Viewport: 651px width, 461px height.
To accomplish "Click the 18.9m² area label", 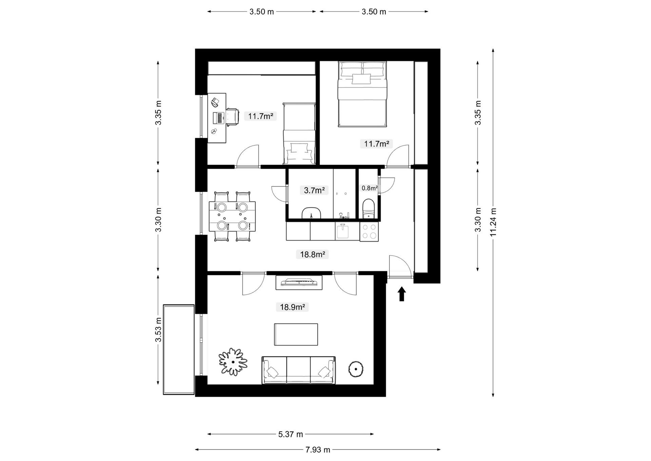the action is pos(292,307).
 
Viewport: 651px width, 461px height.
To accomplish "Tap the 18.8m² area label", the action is pos(312,254).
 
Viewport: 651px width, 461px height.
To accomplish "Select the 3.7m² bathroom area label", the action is pos(314,190).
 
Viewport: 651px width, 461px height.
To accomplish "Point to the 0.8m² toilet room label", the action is pos(370,188).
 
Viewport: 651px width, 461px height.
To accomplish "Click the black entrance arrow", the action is pos(402,294).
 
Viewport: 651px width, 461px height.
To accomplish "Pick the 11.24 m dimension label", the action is pos(493,222).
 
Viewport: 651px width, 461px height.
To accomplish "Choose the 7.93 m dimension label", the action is pos(318,450).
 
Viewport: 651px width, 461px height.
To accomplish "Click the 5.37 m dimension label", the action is pos(291,434).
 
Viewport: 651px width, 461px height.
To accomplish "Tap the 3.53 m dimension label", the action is pos(158,330).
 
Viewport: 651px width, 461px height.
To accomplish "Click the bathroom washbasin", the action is pos(311,213).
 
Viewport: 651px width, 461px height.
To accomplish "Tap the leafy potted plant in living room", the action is pos(233,362).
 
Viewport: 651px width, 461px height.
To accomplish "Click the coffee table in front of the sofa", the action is pos(296,334).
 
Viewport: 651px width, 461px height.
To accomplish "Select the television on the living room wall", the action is pos(299,282).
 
